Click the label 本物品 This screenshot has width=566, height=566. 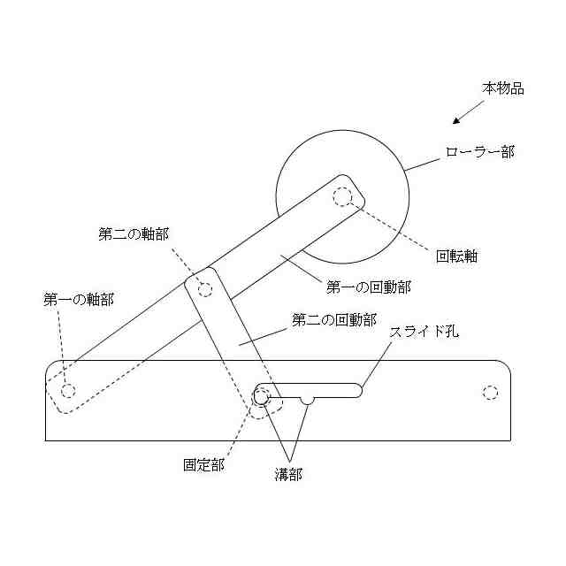(503, 88)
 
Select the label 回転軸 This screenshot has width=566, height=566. (457, 258)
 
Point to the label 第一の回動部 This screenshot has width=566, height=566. (369, 287)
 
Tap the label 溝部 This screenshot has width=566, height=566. (287, 474)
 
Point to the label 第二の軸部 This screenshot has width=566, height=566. (133, 234)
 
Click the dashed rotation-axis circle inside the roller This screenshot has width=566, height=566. (342, 196)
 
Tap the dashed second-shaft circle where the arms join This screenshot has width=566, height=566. (206, 288)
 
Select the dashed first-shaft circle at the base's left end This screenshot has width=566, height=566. (68, 389)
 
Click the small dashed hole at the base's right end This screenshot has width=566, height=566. (490, 391)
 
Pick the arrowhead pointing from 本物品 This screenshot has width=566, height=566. (455, 121)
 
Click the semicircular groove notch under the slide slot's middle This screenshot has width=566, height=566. (307, 401)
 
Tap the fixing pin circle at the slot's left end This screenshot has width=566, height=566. (262, 396)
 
